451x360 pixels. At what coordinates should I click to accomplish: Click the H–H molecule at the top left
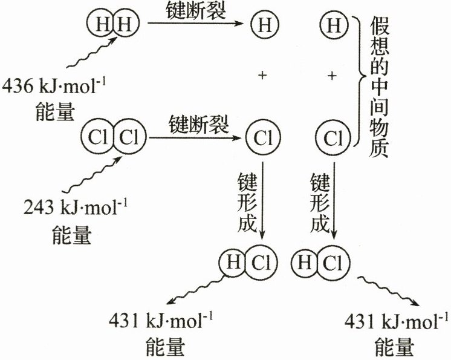tap(113, 25)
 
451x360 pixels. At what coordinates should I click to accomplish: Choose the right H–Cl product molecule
tap(316, 263)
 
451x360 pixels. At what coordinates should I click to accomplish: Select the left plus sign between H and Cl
tap(262, 75)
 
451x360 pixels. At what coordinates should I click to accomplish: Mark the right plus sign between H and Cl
tap(332, 75)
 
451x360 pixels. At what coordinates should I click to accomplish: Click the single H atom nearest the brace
tap(333, 25)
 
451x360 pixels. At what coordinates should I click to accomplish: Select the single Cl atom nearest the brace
tap(333, 138)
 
